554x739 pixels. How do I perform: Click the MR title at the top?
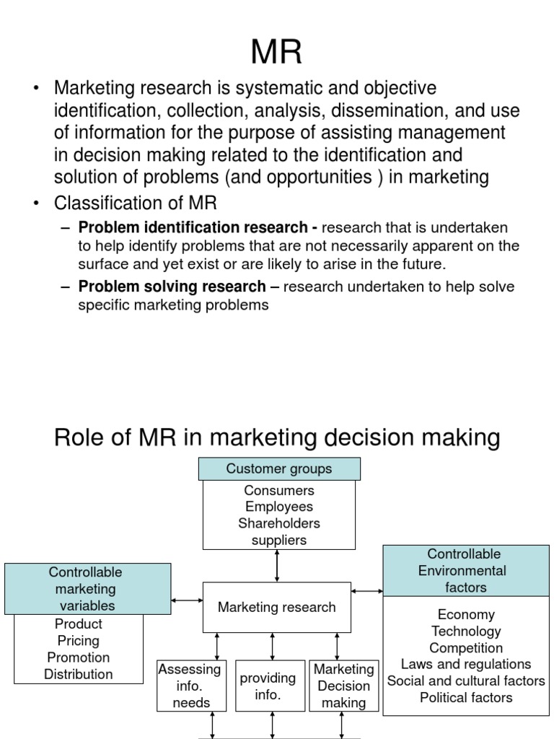click(276, 52)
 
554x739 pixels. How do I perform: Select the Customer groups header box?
click(279, 469)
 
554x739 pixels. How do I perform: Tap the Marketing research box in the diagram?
click(277, 608)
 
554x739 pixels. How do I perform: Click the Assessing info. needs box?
click(192, 686)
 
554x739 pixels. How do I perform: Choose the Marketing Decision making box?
click(344, 686)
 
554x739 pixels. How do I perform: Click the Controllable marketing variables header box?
click(87, 589)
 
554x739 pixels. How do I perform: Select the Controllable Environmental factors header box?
click(466, 571)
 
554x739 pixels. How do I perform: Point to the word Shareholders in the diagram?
click(279, 523)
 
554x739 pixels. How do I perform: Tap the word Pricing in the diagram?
click(79, 641)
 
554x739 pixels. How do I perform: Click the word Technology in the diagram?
click(466, 631)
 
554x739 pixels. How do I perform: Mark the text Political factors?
click(466, 698)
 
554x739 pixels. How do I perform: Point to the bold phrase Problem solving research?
click(172, 287)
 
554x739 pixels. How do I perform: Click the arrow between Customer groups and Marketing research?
click(277, 566)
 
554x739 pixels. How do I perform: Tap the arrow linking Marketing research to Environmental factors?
click(367, 591)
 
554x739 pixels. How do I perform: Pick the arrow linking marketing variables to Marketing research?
click(187, 600)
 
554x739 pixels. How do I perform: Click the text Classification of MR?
click(136, 203)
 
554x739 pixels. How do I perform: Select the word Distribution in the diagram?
click(79, 674)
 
